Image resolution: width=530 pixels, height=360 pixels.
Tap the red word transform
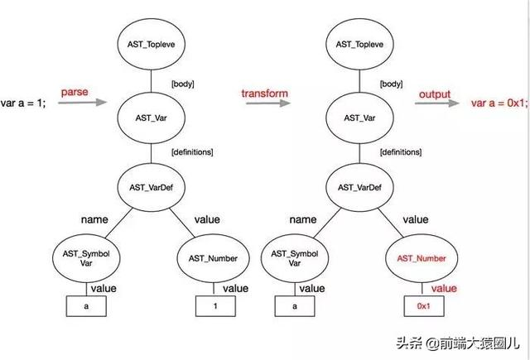[264, 94]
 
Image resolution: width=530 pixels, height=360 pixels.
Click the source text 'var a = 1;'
[24, 102]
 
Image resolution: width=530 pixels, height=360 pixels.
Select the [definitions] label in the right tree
[402, 152]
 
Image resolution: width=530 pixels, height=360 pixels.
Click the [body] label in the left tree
[182, 84]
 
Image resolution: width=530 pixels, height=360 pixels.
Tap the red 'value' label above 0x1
[444, 288]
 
